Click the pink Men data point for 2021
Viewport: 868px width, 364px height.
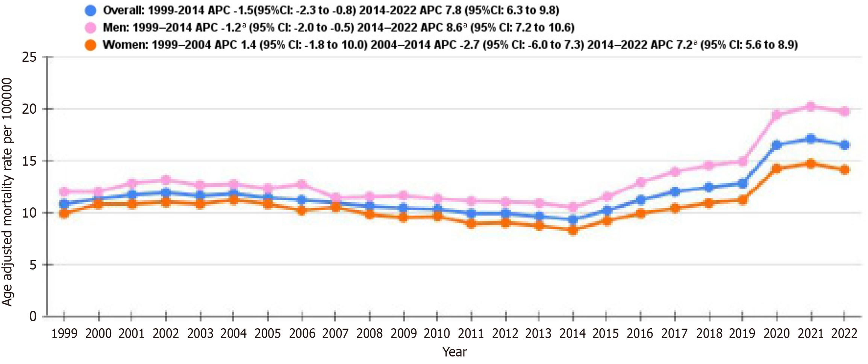point(810,107)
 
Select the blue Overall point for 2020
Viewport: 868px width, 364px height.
point(777,145)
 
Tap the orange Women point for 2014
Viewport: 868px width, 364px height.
point(573,230)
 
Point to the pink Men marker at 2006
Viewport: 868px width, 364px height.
point(302,184)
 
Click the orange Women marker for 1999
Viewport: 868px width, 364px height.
point(64,213)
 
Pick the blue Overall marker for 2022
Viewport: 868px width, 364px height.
point(845,145)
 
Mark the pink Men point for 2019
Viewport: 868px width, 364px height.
point(742,161)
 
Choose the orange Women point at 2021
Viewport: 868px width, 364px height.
point(810,163)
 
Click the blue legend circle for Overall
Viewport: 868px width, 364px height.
point(91,10)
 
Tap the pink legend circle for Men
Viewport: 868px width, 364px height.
point(91,27)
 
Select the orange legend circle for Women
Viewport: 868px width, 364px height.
point(91,45)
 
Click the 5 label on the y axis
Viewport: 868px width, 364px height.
point(33,265)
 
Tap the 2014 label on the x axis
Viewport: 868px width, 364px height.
point(573,334)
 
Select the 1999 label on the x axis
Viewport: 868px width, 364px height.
point(64,334)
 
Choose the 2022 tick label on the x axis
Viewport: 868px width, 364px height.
point(844,334)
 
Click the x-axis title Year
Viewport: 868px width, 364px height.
point(454,352)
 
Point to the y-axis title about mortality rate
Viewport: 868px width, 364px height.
point(8,192)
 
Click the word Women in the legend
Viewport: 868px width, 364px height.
point(125,45)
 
